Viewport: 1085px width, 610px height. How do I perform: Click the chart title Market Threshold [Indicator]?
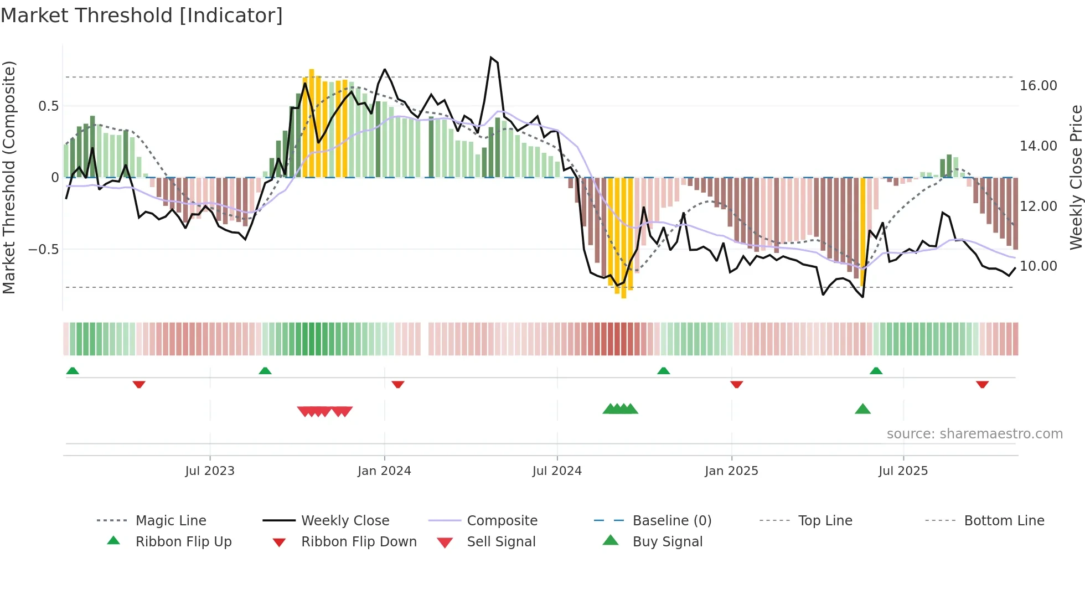click(x=142, y=15)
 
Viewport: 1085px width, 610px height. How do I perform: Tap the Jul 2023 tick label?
click(x=210, y=471)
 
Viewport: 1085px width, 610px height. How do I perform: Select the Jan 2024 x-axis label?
click(x=384, y=471)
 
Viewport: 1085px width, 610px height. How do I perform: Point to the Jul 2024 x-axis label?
click(x=557, y=471)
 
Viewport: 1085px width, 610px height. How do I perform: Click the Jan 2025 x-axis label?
click(x=731, y=471)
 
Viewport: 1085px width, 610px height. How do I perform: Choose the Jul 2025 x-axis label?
click(x=903, y=471)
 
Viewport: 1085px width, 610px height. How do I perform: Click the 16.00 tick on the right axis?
click(x=1038, y=86)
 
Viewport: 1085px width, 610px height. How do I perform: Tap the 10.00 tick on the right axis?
click(x=1038, y=266)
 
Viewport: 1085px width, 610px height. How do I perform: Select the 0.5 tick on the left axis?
click(x=48, y=106)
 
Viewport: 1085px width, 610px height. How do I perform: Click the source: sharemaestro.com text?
click(x=974, y=434)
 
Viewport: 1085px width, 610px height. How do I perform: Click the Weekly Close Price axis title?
click(x=1076, y=177)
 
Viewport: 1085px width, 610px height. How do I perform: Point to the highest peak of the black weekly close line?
click(x=491, y=58)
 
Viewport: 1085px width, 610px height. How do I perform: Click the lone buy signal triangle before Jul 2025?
click(x=862, y=410)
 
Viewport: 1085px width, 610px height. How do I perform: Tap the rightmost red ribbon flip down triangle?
click(x=982, y=384)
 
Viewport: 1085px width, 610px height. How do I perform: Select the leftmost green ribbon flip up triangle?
click(x=73, y=371)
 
